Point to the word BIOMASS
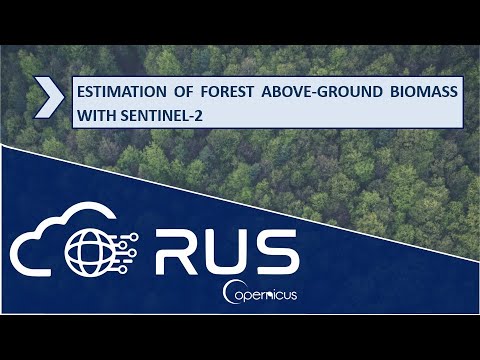(423, 93)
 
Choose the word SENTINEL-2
(169, 117)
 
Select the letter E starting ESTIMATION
(80, 93)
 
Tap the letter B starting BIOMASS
(390, 93)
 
